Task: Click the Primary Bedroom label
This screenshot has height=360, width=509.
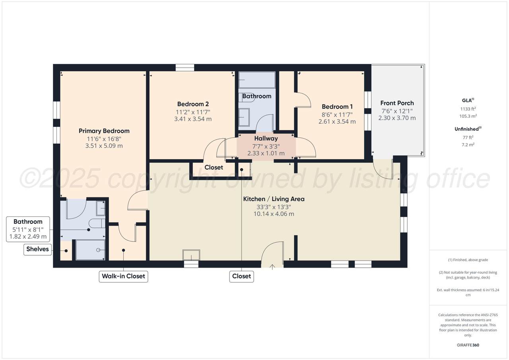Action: pos(104,131)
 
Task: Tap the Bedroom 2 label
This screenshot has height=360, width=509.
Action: pos(193,104)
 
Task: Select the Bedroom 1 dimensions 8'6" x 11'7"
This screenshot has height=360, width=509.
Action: pos(337,115)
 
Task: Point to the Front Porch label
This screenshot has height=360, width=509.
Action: pos(397,103)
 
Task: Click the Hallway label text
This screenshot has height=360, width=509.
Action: pos(266,138)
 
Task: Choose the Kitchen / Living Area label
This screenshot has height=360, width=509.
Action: pos(274,199)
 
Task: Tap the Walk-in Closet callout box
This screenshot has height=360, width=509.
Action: pos(123,276)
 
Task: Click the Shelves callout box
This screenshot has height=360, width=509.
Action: pos(37,249)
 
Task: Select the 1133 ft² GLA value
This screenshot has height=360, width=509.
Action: pos(468,109)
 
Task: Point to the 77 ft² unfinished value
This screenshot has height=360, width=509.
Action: pos(468,138)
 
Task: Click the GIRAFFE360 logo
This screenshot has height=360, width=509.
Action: pos(468,345)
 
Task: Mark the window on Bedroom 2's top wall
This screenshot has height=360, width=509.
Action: pos(185,68)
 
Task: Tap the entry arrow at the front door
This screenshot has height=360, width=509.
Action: pos(272,267)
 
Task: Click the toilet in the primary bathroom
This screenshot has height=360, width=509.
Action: pos(97,224)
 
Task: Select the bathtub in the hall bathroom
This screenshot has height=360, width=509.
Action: pos(257,80)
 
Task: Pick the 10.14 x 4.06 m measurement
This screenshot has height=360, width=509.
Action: pos(274,214)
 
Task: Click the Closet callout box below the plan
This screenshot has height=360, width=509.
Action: pos(241,276)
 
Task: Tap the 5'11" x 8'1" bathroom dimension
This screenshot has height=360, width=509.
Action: pos(28,230)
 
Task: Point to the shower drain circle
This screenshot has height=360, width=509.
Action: pos(98,250)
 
